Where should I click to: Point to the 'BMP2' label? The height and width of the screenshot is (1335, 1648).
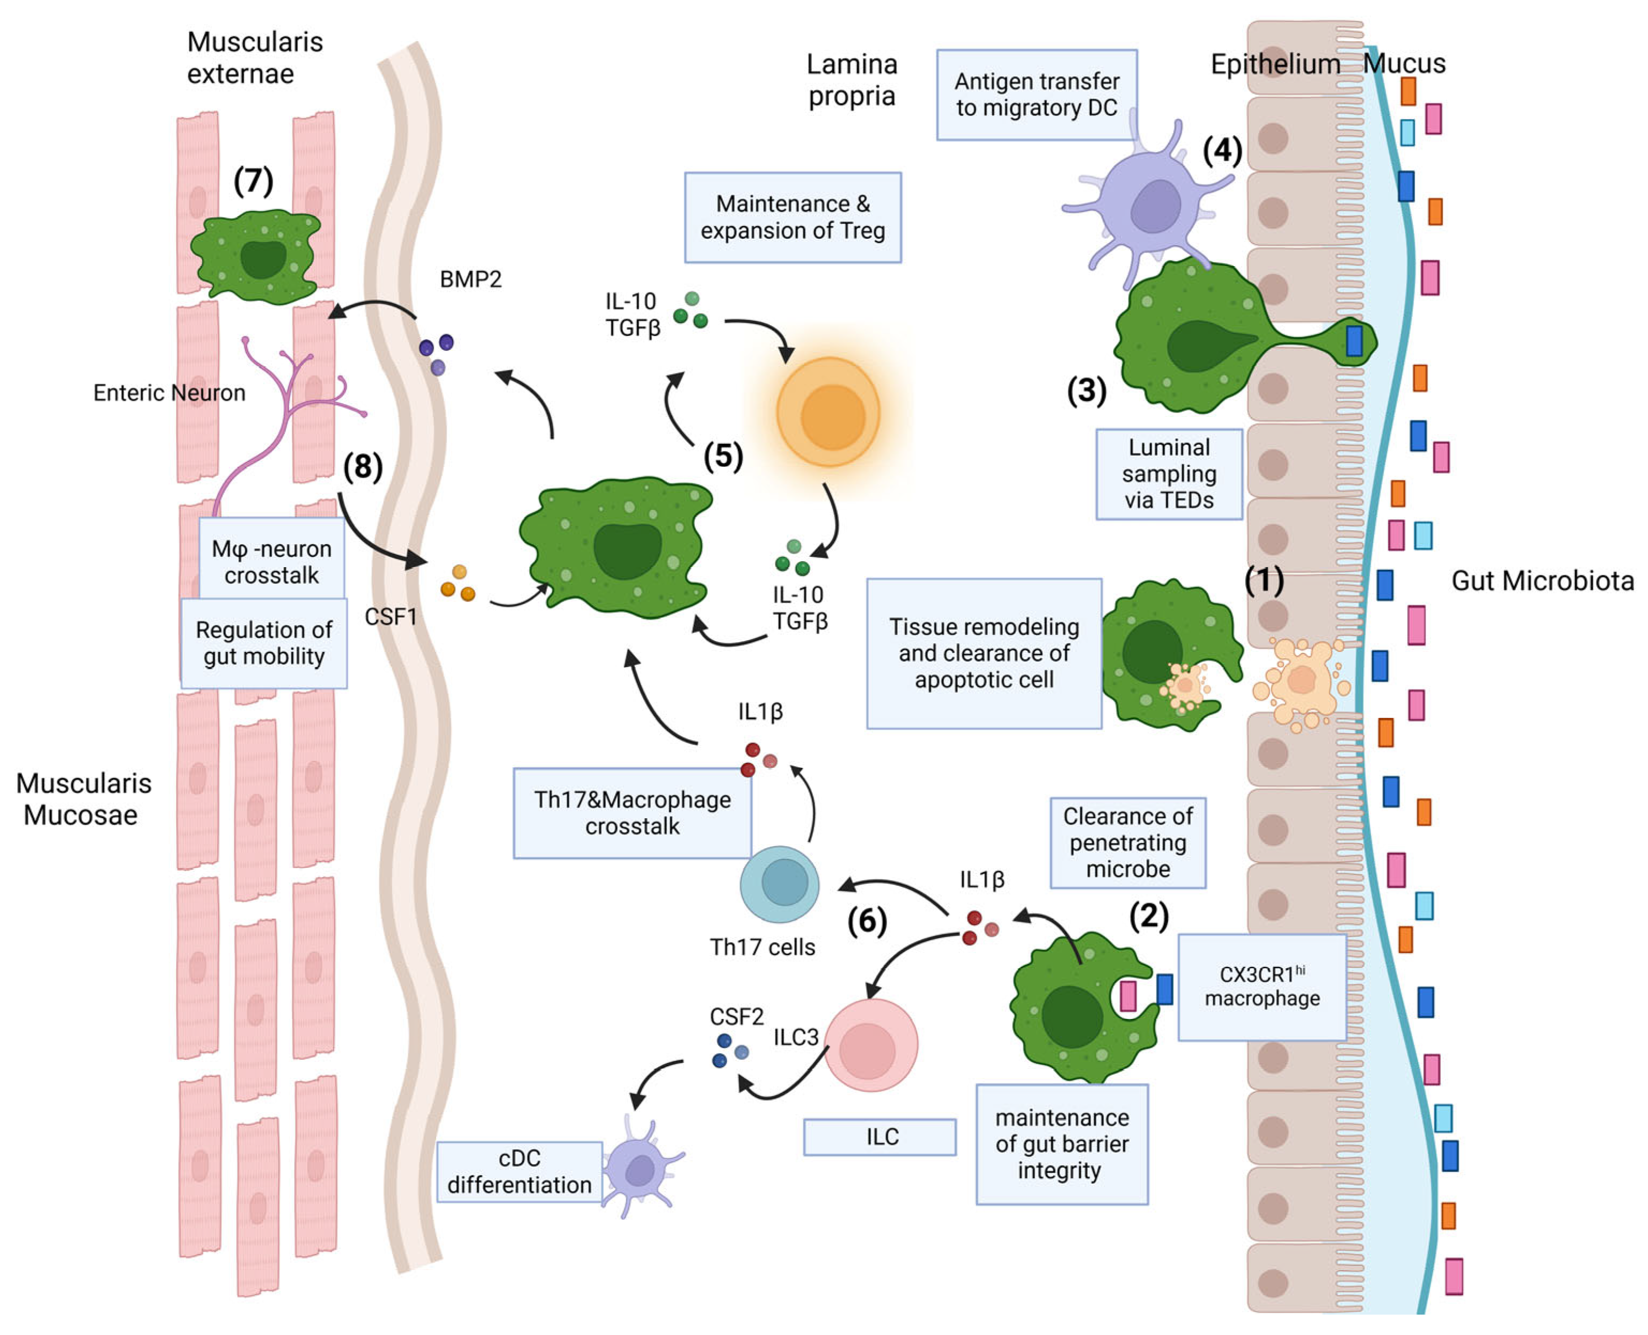[470, 278]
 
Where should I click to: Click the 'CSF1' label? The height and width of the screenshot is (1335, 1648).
[391, 616]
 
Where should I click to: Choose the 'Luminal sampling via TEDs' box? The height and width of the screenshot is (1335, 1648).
[1168, 474]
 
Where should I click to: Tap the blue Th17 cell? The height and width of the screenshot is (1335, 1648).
[779, 884]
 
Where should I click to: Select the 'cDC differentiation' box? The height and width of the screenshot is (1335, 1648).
[519, 1171]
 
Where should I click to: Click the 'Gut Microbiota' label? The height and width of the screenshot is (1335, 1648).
[1542, 581]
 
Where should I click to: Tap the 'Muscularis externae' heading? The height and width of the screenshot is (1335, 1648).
[254, 57]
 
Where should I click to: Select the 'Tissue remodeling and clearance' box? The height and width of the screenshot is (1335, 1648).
[984, 653]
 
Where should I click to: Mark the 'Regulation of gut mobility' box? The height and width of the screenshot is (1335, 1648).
[264, 643]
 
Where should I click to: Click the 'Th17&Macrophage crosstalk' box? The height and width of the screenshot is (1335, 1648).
[632, 813]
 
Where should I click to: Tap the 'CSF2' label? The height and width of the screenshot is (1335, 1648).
[736, 1017]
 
